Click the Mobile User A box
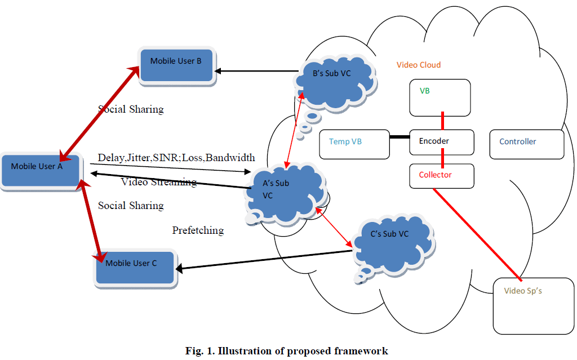(40, 169)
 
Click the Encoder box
(441, 141)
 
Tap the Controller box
(526, 143)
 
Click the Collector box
(441, 175)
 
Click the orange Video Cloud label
(419, 65)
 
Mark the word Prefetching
(198, 230)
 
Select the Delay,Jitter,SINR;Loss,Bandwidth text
(176, 157)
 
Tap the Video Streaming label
(159, 182)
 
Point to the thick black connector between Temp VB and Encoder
(400, 136)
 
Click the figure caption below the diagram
(287, 351)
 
